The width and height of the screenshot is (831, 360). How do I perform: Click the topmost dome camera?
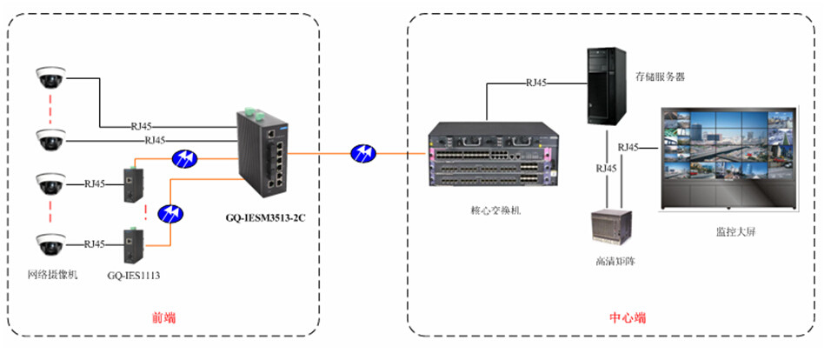[50, 78]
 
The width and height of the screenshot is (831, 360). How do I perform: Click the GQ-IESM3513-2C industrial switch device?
[262, 151]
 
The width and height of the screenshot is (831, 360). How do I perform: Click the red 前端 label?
[163, 317]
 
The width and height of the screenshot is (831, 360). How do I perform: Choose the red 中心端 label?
[627, 317]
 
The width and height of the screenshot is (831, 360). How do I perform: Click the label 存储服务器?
[660, 77]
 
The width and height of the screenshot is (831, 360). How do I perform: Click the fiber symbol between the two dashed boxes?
[362, 154]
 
